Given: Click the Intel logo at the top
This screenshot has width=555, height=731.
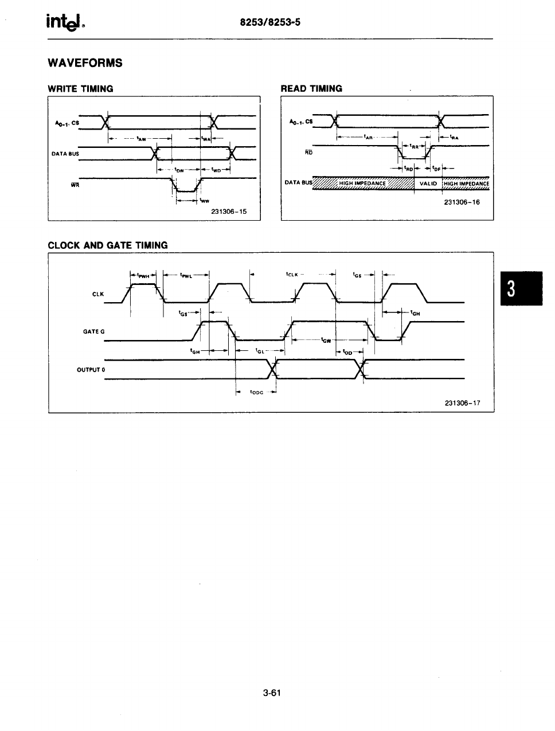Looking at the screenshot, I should coord(66,24).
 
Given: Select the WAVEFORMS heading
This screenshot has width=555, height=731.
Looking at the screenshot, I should coord(85,63).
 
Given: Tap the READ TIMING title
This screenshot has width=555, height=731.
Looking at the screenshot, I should coord(311,89).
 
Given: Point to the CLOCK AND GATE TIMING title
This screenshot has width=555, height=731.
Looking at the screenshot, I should coord(108,245).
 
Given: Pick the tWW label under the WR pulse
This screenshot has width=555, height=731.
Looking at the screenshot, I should coord(205,201).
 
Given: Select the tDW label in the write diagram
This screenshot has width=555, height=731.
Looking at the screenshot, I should coord(179,170).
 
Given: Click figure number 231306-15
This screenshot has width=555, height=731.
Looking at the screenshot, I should coord(229,212).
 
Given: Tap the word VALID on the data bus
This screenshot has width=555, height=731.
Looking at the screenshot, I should coord(428,183).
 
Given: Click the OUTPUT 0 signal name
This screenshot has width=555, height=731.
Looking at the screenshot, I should coord(91,370).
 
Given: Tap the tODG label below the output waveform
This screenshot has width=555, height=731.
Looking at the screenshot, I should coord(256,393).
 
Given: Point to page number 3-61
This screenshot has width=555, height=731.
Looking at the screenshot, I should coord(271,693).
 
